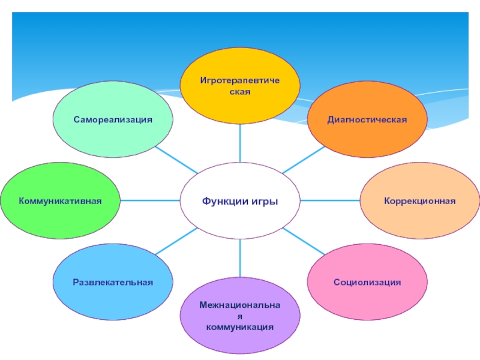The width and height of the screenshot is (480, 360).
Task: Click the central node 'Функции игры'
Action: click(240, 200)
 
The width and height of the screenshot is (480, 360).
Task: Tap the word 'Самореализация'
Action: click(113, 119)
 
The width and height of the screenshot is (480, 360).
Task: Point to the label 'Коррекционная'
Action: click(420, 200)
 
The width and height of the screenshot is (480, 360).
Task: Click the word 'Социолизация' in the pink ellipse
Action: click(367, 281)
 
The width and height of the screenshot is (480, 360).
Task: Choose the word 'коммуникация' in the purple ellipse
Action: click(240, 328)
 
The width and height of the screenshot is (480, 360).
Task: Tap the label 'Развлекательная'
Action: click(113, 281)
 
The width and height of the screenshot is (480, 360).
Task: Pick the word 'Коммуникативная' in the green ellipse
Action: click(60, 200)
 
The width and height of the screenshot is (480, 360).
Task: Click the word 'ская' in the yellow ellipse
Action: click(240, 92)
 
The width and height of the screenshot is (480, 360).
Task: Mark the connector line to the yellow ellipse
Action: click(240, 143)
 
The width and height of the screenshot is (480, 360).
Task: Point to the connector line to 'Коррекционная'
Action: click(330, 200)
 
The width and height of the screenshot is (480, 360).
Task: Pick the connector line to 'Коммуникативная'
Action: click(150, 200)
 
